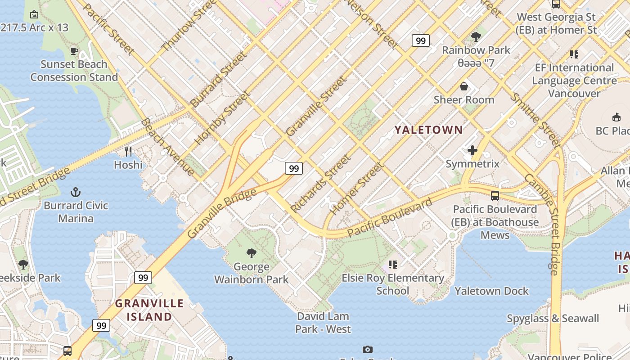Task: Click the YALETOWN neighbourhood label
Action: (x=428, y=130)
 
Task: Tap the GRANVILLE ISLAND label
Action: (x=149, y=310)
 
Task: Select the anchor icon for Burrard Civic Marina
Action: (x=76, y=193)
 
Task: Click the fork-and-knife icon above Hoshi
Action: (x=128, y=151)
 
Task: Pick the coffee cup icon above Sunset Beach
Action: (x=74, y=51)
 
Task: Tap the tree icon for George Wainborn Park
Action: (x=252, y=253)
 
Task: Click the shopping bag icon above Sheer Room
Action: (x=464, y=86)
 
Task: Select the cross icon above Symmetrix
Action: (x=472, y=150)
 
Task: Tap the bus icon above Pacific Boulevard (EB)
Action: (x=495, y=196)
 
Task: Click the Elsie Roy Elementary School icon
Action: (x=393, y=265)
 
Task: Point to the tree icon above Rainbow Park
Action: (x=476, y=37)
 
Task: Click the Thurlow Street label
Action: (x=185, y=27)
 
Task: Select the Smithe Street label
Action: (x=535, y=121)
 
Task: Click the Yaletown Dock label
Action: (x=491, y=291)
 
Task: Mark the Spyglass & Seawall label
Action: (x=553, y=319)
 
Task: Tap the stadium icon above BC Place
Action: (x=616, y=117)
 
